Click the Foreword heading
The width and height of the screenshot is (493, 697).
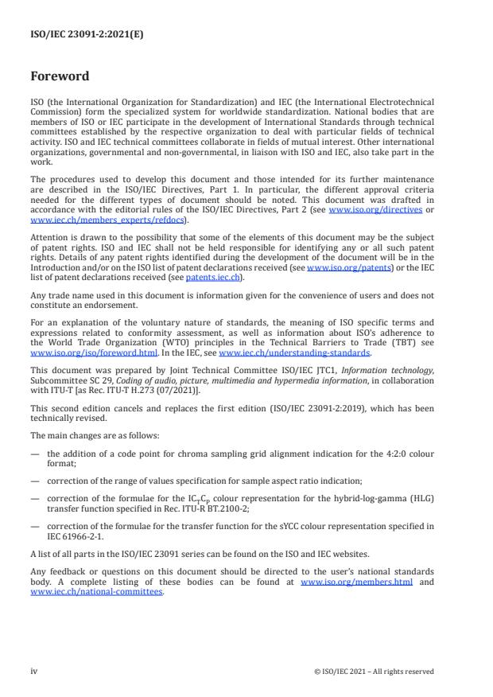tap(60, 76)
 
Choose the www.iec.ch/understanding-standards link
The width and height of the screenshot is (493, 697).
tap(293, 352)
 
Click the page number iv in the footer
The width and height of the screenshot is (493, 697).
tap(34, 672)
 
